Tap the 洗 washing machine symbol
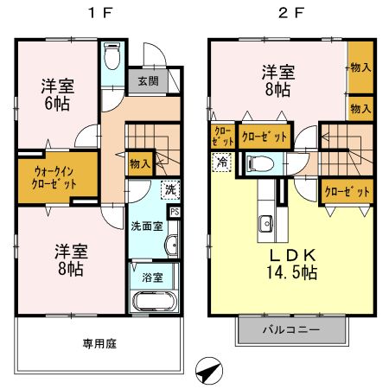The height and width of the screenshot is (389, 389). [x=170, y=189]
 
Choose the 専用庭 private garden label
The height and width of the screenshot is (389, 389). [x=99, y=342]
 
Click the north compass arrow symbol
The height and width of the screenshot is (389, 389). [x=207, y=371]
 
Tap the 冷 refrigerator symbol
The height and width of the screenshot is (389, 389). [x=222, y=161]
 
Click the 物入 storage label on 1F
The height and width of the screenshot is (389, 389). [x=139, y=162]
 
